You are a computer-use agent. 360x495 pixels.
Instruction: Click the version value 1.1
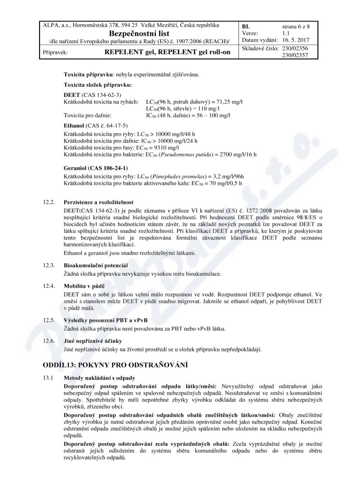pos(286,33)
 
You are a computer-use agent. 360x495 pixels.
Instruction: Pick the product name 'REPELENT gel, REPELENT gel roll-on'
pos(167,52)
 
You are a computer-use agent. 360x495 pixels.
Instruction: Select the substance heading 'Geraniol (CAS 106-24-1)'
pos(93,168)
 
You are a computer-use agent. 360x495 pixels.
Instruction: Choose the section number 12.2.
pos(49,202)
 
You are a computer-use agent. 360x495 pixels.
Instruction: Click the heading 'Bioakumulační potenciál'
pos(96,265)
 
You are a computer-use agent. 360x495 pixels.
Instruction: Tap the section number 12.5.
pos(49,320)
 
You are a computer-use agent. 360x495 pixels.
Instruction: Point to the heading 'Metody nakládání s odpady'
pos(102,377)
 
